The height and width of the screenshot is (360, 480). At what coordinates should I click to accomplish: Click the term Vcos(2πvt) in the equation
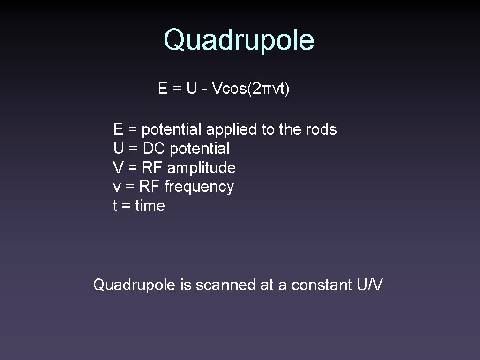tap(251, 88)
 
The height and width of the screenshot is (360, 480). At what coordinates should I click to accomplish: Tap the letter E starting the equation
tap(163, 88)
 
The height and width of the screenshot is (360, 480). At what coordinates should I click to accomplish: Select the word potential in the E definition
tap(171, 129)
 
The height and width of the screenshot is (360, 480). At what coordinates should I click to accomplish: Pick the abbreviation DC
tap(154, 149)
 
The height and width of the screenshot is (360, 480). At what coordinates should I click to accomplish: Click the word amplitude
tap(201, 168)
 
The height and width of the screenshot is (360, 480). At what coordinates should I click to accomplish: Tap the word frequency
tap(199, 187)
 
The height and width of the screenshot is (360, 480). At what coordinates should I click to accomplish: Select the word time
tap(150, 206)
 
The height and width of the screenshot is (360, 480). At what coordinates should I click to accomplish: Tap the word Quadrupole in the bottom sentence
tap(135, 285)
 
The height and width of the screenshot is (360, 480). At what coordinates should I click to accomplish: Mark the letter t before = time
tap(115, 206)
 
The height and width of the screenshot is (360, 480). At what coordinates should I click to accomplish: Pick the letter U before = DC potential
tap(118, 149)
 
